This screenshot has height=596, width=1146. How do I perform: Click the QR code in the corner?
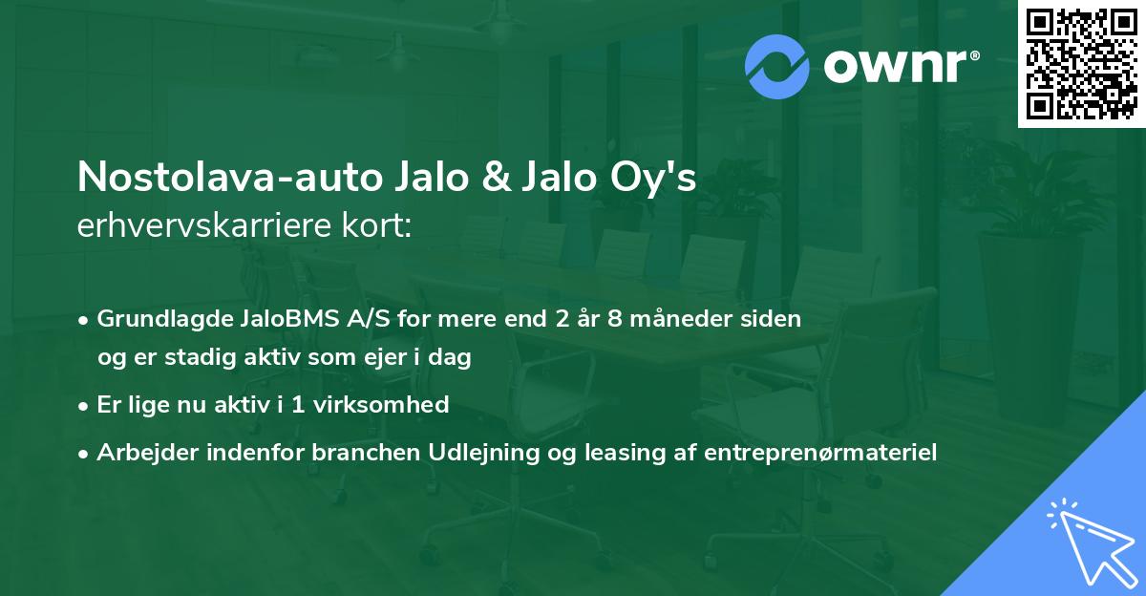[1082, 63]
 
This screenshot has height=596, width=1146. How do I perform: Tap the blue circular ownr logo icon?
[778, 66]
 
